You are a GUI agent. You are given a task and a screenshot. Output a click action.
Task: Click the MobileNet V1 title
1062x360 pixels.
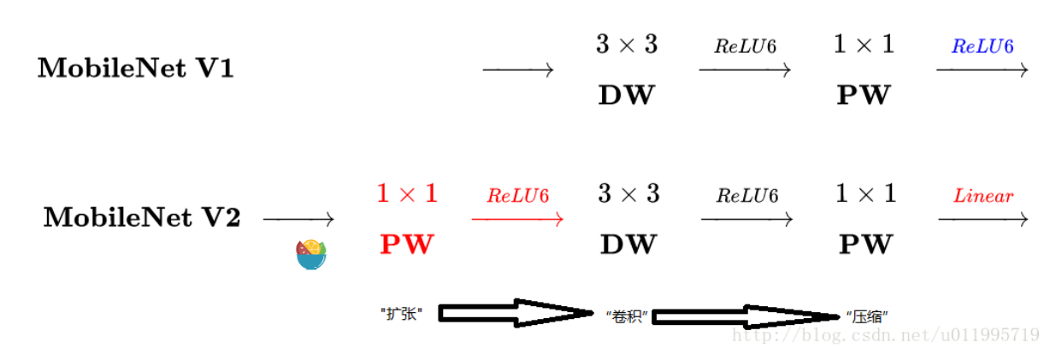tap(135, 69)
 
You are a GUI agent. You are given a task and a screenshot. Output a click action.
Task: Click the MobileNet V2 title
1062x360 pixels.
tap(141, 219)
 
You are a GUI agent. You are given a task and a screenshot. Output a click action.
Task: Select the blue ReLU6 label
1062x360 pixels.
tap(982, 46)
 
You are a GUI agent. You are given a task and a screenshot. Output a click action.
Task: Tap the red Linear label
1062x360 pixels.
tap(983, 196)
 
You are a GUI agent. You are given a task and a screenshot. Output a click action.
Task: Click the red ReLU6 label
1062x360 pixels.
tap(517, 196)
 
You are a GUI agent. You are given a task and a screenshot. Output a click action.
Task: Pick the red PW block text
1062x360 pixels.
tap(406, 245)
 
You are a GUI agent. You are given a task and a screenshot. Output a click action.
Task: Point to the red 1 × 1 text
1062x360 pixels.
tap(407, 194)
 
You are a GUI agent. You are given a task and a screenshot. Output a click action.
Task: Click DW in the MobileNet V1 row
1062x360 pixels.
tap(626, 95)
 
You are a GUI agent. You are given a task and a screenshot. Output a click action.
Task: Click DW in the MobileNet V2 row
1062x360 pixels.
tap(628, 245)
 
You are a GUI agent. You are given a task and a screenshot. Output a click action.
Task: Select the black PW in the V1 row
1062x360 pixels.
tap(864, 95)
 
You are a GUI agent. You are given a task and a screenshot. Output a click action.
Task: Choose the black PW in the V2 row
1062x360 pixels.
tap(865, 245)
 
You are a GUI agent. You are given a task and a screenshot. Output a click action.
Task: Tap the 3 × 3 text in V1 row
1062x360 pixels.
tap(627, 44)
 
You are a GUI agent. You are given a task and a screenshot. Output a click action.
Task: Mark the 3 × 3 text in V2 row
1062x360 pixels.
tap(628, 194)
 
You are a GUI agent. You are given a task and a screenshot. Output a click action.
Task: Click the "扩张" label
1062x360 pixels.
tap(402, 314)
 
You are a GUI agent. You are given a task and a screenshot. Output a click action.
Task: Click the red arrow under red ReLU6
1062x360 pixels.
tap(517, 220)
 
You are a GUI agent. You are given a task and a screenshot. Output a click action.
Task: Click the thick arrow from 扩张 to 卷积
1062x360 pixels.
tap(513, 313)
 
